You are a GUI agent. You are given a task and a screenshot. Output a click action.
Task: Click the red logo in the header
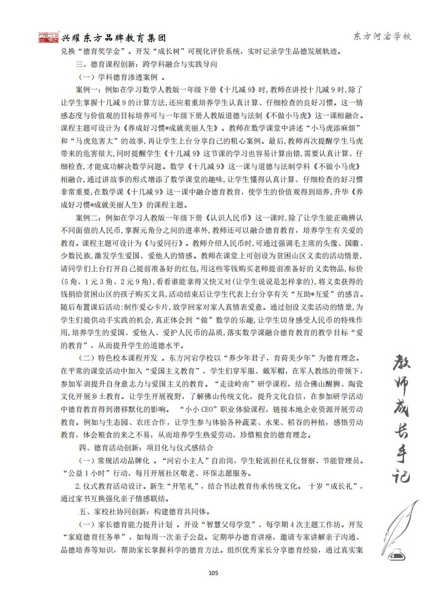point(49,38)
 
